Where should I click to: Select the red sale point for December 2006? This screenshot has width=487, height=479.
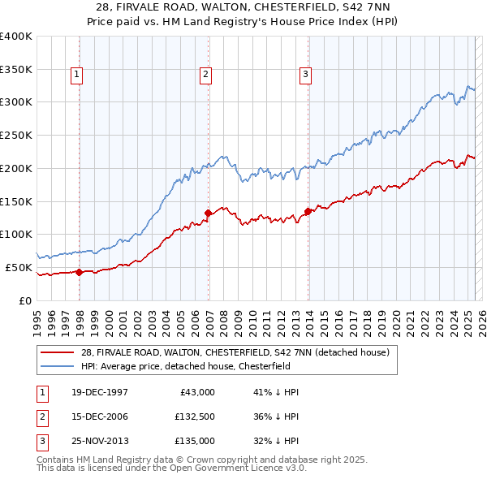209,213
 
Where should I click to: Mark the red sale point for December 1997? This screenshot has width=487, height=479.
80,272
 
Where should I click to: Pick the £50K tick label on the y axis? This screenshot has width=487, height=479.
19,267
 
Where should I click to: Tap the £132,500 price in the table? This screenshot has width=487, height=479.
195,416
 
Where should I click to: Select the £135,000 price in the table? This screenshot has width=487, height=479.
195,441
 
